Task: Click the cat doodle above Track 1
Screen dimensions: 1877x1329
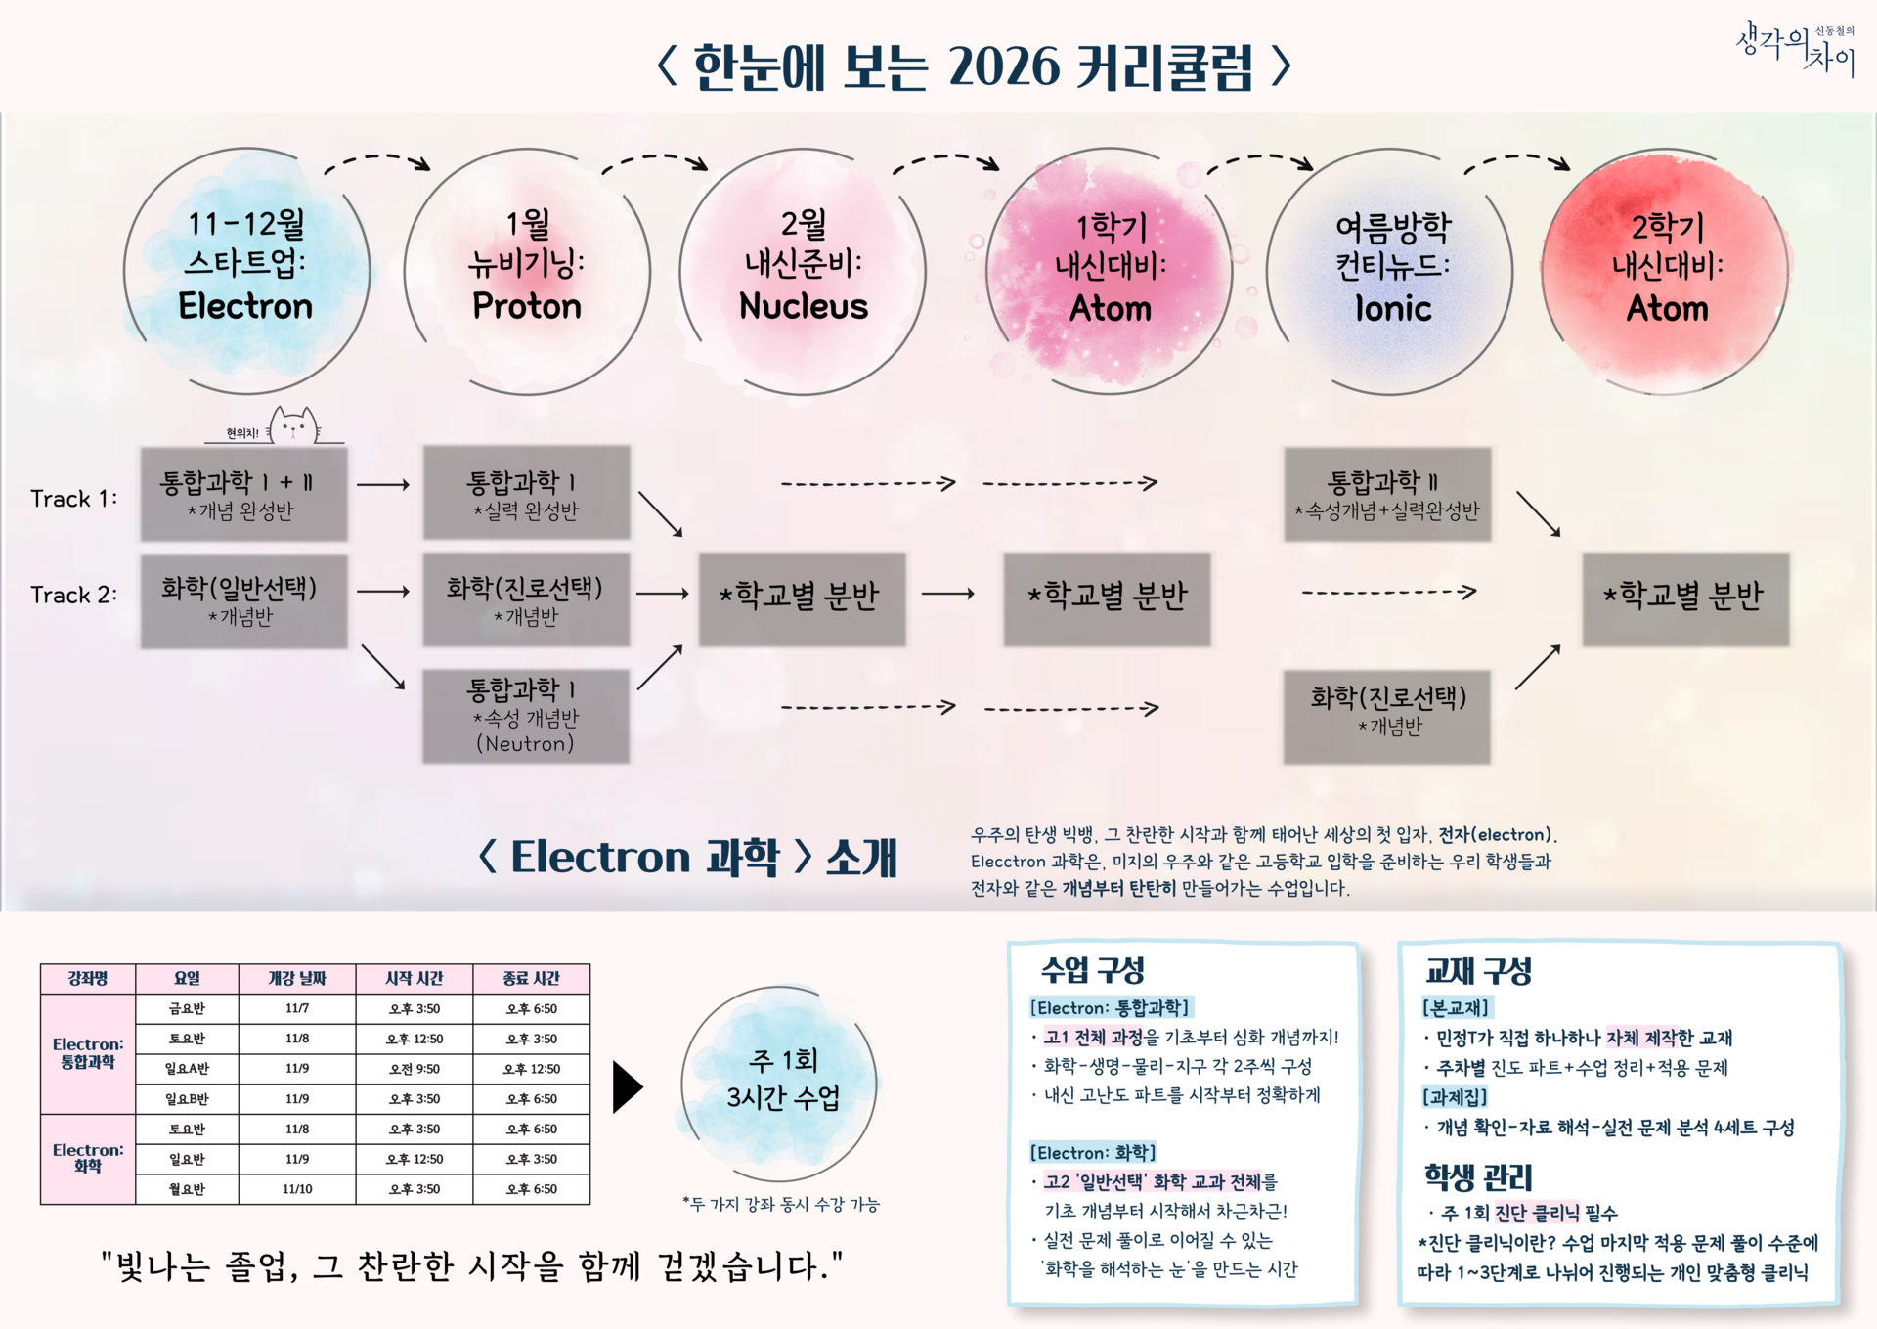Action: [293, 426]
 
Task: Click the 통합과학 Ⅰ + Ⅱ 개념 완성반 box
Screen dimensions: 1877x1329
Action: [243, 494]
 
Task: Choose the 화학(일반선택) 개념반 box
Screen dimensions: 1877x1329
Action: [243, 600]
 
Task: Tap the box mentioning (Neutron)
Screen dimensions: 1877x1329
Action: [526, 716]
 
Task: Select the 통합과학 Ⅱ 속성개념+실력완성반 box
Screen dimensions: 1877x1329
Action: [1387, 494]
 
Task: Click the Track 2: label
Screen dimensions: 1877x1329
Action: [73, 595]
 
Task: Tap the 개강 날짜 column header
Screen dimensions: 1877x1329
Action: [297, 978]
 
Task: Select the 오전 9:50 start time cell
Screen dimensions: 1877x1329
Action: [415, 1069]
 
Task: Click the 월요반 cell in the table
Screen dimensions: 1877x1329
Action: [187, 1189]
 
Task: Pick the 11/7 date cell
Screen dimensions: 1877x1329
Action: [297, 1008]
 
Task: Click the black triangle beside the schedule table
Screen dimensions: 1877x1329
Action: [627, 1086]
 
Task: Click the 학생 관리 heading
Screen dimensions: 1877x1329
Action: [1477, 1176]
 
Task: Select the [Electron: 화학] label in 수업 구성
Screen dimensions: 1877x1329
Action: [1092, 1152]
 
